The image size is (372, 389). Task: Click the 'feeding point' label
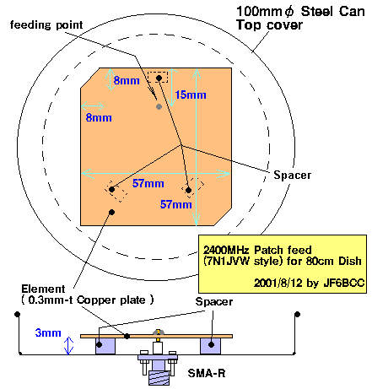(x=46, y=25)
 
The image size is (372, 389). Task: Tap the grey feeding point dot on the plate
(x=159, y=106)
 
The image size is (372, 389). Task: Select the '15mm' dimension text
(x=191, y=95)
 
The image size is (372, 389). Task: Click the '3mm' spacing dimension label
(x=48, y=332)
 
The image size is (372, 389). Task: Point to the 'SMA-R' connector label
(x=207, y=373)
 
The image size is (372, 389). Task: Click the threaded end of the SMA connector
(x=159, y=378)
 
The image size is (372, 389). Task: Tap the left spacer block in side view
(x=105, y=346)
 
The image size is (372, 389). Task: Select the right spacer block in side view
(x=210, y=346)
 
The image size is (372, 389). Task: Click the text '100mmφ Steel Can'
(x=300, y=12)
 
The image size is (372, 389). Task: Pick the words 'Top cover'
(x=269, y=24)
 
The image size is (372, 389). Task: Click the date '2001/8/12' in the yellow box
(x=278, y=283)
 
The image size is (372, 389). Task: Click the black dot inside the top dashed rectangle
(x=159, y=78)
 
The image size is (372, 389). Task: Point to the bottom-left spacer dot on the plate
(x=111, y=189)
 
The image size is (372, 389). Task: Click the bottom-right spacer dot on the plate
(x=189, y=190)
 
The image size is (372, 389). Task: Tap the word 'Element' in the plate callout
(x=43, y=289)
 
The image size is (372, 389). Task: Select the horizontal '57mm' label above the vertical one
(x=148, y=183)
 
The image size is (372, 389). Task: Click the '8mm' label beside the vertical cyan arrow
(x=127, y=80)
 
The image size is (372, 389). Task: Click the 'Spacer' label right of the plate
(x=293, y=175)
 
